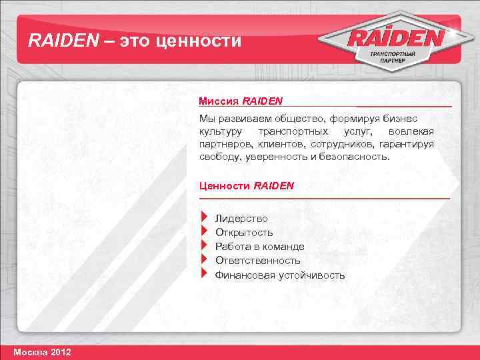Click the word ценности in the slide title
click(197, 41)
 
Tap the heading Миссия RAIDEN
click(241, 101)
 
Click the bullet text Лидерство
click(241, 219)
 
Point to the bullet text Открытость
click(244, 233)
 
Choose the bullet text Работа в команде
click(259, 247)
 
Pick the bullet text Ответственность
click(257, 261)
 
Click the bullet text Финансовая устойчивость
click(280, 275)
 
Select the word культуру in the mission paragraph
click(221, 131)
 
